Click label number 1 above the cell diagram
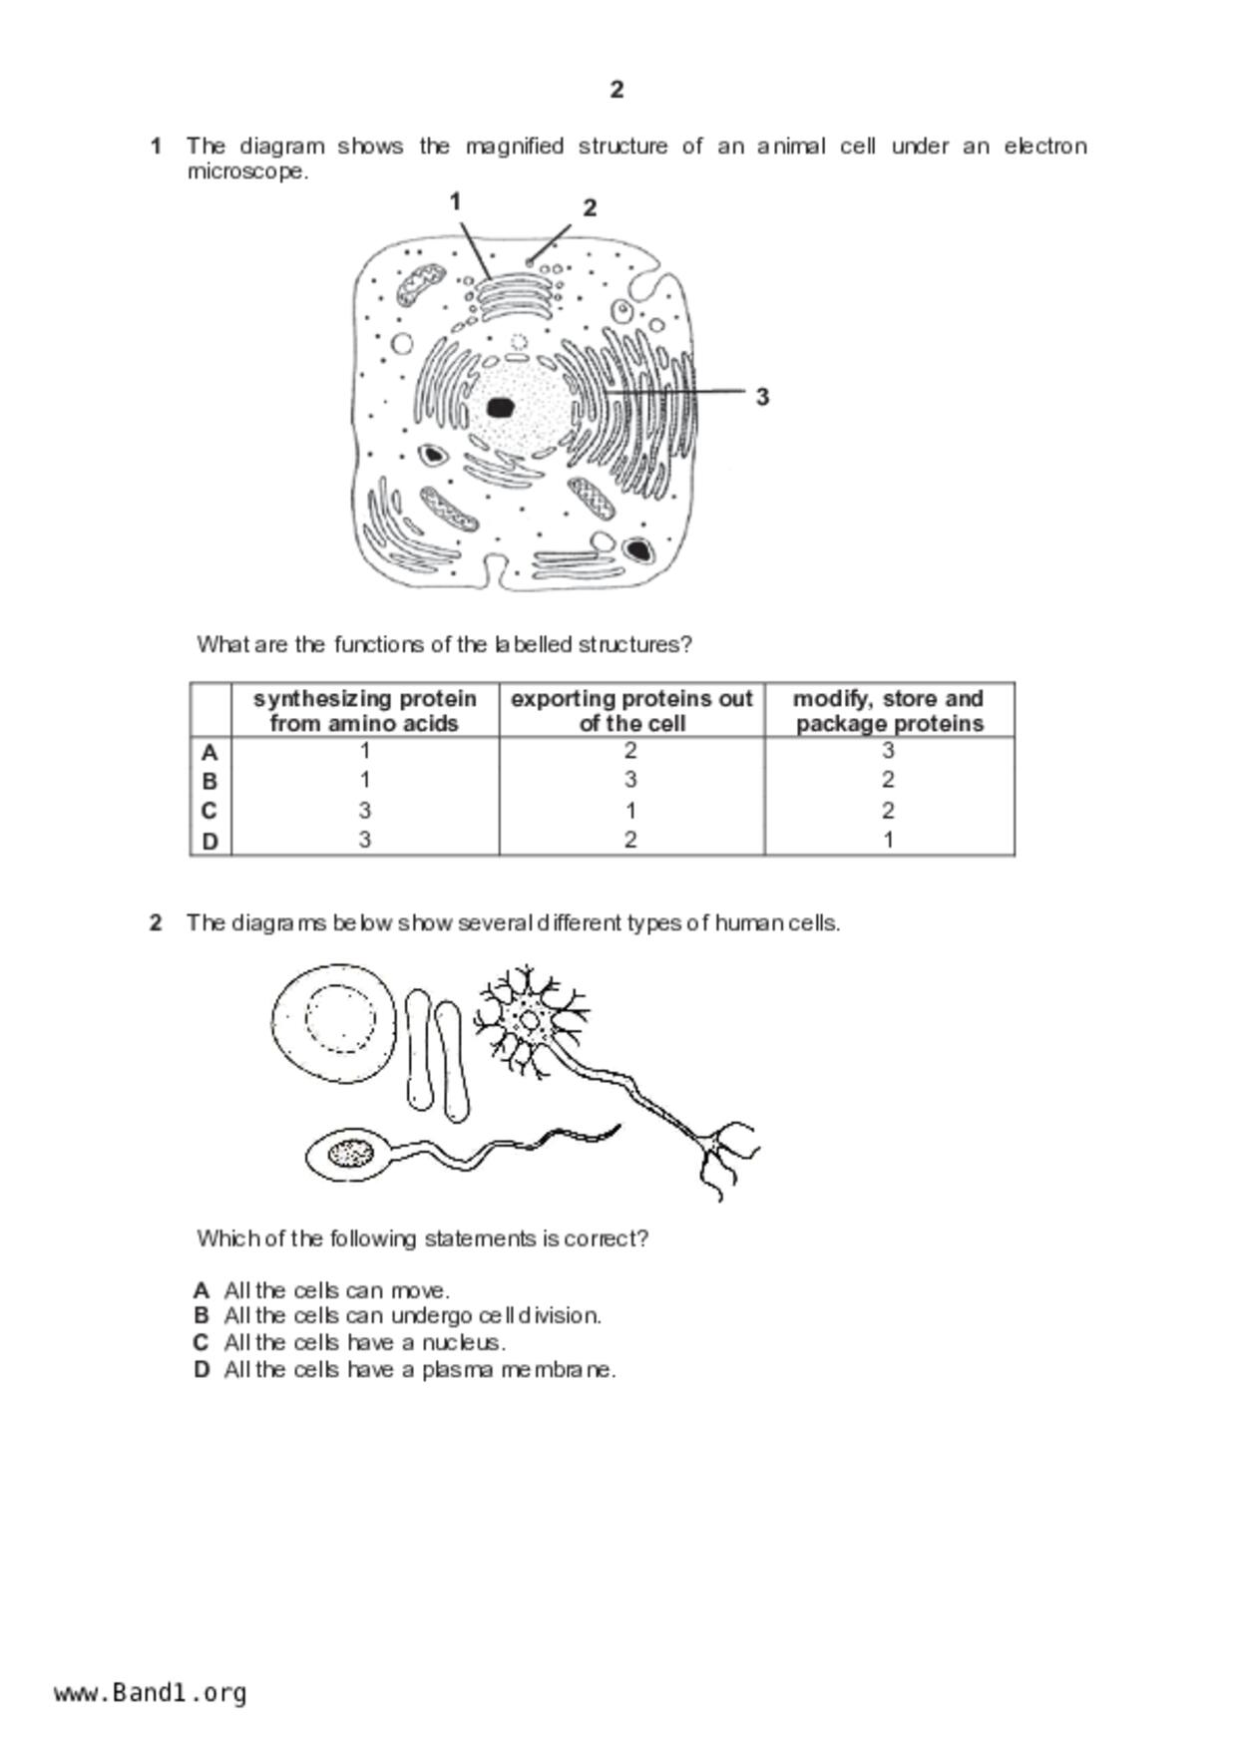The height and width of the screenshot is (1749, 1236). [x=455, y=202]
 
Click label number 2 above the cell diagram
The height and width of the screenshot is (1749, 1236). [x=590, y=208]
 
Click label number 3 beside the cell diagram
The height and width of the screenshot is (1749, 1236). [x=762, y=397]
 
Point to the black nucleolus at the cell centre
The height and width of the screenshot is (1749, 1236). [x=501, y=407]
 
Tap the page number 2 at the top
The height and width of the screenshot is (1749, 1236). [x=617, y=90]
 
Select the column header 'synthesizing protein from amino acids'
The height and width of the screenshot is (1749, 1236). [x=364, y=711]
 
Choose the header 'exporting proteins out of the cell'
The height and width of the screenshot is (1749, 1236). [x=631, y=711]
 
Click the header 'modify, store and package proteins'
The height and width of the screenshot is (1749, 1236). [x=889, y=711]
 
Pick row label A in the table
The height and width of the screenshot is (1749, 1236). [x=209, y=753]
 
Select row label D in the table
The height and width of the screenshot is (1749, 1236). [x=209, y=842]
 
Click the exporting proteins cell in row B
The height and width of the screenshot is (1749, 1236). [x=630, y=780]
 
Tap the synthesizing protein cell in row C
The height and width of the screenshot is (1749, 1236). [x=365, y=811]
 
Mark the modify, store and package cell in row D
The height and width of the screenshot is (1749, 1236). [x=888, y=841]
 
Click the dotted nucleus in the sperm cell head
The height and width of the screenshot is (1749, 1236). [x=350, y=1154]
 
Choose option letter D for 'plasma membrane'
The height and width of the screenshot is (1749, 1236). [x=203, y=1370]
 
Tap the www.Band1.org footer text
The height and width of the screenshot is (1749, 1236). [x=150, y=1693]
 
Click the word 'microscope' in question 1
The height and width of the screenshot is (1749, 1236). [x=247, y=172]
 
